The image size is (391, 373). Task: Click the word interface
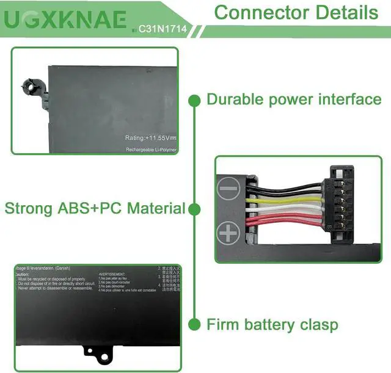[349, 100]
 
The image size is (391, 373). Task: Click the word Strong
[29, 209]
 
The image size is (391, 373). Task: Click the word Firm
[223, 324]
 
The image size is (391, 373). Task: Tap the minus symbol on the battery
[228, 189]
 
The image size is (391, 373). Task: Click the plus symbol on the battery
[228, 232]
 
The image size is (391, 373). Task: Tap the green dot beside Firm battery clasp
[195, 324]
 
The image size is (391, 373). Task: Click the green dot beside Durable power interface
[195, 100]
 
